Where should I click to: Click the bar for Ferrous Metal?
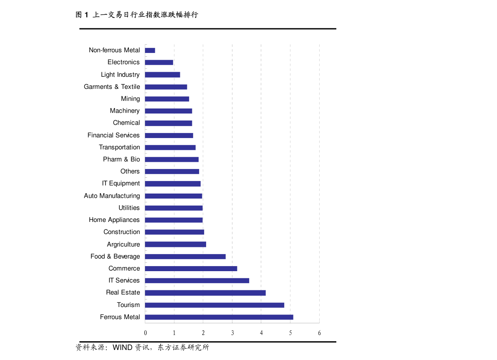[219, 317]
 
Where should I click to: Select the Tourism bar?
[214, 305]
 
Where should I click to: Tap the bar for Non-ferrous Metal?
[150, 50]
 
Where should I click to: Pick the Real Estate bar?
[205, 293]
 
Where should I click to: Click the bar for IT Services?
[197, 281]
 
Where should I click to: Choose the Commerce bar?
[191, 269]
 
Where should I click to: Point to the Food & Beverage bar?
[185, 257]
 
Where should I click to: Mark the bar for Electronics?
[159, 63]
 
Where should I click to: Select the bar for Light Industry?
[162, 75]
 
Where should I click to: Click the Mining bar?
[167, 99]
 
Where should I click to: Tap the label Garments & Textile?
[112, 87]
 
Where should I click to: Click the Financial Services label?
[114, 135]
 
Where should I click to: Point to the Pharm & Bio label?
[121, 159]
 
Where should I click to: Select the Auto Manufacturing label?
[112, 196]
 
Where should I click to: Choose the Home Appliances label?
[114, 220]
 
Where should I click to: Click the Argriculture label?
[123, 244]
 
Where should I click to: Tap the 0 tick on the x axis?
[145, 333]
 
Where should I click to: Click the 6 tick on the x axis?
[319, 333]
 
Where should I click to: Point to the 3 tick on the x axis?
[232, 333]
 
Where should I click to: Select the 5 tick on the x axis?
[290, 333]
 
